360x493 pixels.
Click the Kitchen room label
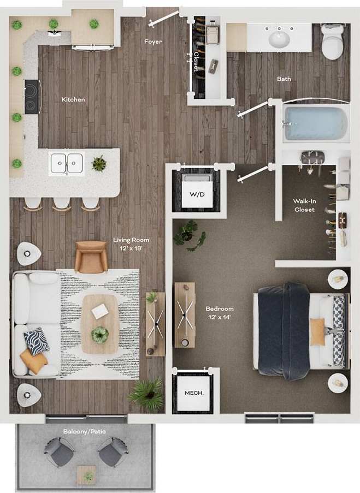pyautogui.click(x=73, y=99)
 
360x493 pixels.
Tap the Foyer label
pyautogui.click(x=153, y=41)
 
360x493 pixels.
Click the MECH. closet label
pyautogui.click(x=193, y=393)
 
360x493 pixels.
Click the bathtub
pyautogui.click(x=316, y=123)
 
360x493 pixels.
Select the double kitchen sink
pyautogui.click(x=66, y=162)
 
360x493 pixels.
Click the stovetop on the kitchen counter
pyautogui.click(x=32, y=96)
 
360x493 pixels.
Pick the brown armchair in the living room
pyautogui.click(x=91, y=257)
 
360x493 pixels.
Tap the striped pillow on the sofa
pyautogui.click(x=36, y=341)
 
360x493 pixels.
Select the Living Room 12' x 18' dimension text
pyautogui.click(x=131, y=243)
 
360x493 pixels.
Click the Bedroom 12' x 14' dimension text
pyautogui.click(x=220, y=313)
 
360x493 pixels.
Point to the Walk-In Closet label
pyautogui.click(x=304, y=205)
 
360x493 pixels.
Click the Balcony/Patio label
pyautogui.click(x=84, y=431)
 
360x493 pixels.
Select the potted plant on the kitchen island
pyautogui.click(x=99, y=163)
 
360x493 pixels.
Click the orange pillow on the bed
pyautogui.click(x=318, y=332)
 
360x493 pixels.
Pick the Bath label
pyautogui.click(x=284, y=79)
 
